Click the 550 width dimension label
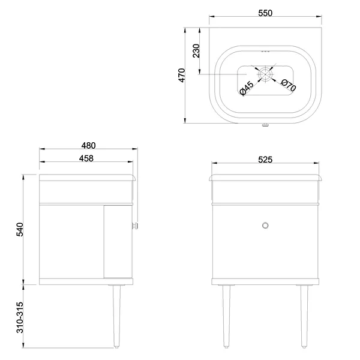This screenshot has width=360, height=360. tap(265, 13)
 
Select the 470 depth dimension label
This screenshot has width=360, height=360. tap(182, 75)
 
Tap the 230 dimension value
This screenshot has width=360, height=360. tap(196, 51)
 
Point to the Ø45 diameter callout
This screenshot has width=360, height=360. tap(247, 88)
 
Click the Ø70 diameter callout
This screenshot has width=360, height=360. tap(289, 85)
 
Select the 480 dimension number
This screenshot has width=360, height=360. tap(88, 146)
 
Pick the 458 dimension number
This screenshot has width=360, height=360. tap(86, 158)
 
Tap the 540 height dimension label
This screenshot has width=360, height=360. tap(20, 229)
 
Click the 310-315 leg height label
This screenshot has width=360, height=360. tap(20, 317)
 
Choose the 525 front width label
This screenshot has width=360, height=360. tap(265, 160)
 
